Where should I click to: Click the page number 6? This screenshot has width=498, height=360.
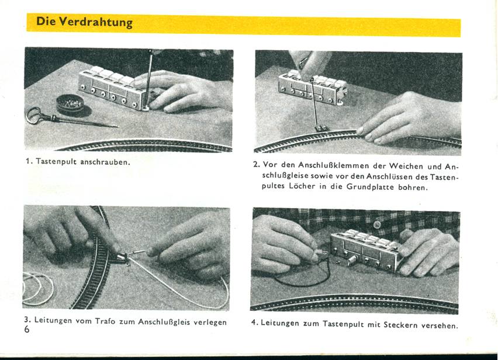pyautogui.click(x=27, y=330)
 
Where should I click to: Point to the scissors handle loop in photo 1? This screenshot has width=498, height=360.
pyautogui.click(x=34, y=115)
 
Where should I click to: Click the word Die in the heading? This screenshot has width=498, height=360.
pyautogui.click(x=46, y=23)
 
